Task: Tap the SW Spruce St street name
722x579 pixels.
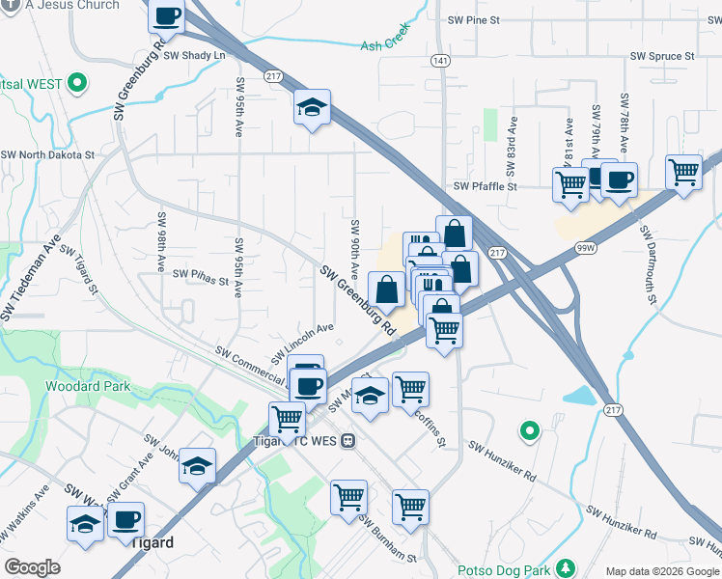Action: pyautogui.click(x=662, y=57)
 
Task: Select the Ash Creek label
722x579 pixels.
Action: pyautogui.click(x=385, y=44)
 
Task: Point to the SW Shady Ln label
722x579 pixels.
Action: pyautogui.click(x=194, y=55)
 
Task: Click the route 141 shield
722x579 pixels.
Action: pyautogui.click(x=441, y=61)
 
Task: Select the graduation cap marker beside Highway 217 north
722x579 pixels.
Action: pyautogui.click(x=312, y=107)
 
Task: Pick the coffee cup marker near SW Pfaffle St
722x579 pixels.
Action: pyautogui.click(x=619, y=179)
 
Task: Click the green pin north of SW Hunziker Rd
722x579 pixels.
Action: pyautogui.click(x=528, y=430)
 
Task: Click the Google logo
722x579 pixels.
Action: pyautogui.click(x=32, y=567)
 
